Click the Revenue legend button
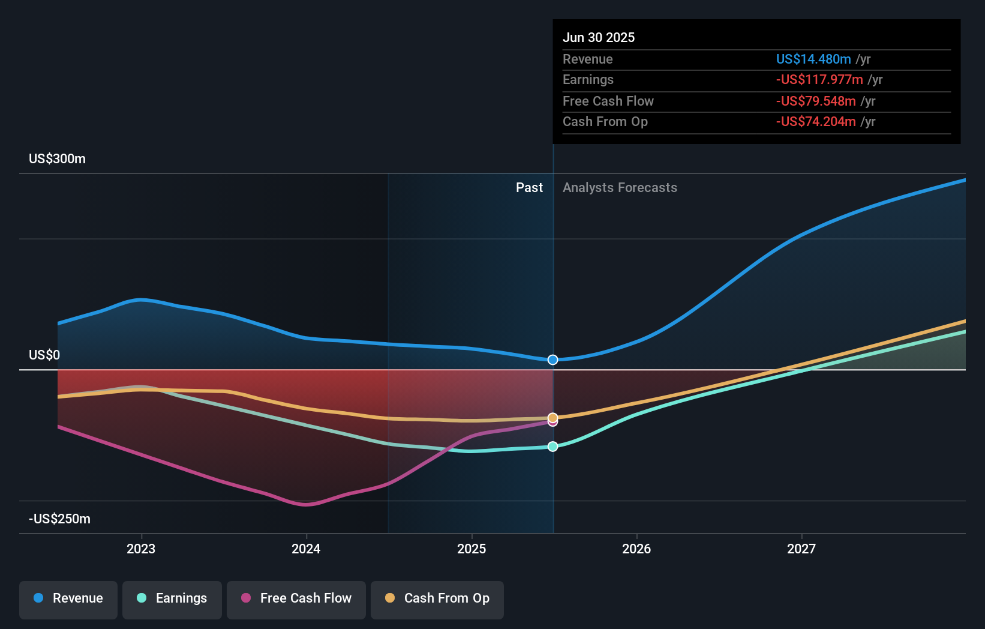(x=68, y=598)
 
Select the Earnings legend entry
(x=172, y=598)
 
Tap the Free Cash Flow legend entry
(x=296, y=598)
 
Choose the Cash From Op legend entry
(x=437, y=598)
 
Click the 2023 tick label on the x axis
(x=141, y=549)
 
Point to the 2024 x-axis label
(x=306, y=549)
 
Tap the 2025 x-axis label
(x=472, y=549)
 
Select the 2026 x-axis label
(x=636, y=549)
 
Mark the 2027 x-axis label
(x=801, y=549)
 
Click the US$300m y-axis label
(x=58, y=159)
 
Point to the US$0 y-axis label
(x=44, y=355)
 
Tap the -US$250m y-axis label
(x=60, y=519)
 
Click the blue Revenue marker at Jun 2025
(x=553, y=360)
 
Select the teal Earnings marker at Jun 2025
(x=553, y=447)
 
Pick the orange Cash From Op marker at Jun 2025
(x=553, y=417)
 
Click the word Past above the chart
(x=529, y=188)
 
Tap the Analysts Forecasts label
(x=620, y=188)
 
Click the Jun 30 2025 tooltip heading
(x=599, y=37)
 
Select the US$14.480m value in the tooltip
(x=813, y=59)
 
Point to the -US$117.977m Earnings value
(x=819, y=80)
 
